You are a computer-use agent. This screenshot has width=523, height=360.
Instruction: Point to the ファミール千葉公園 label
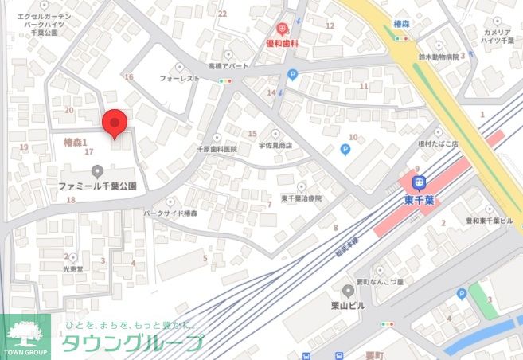[97, 185]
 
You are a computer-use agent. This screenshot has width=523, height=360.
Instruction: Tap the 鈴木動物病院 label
[438, 57]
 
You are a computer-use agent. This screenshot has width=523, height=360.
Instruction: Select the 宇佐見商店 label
[275, 146]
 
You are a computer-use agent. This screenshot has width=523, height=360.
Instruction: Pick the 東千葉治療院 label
[301, 198]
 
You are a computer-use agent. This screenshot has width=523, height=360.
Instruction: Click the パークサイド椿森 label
[170, 213]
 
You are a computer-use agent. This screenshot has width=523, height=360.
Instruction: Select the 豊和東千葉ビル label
[489, 221]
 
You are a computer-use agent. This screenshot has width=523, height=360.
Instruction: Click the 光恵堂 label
[72, 269]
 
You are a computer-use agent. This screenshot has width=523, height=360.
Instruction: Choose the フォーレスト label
[179, 79]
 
